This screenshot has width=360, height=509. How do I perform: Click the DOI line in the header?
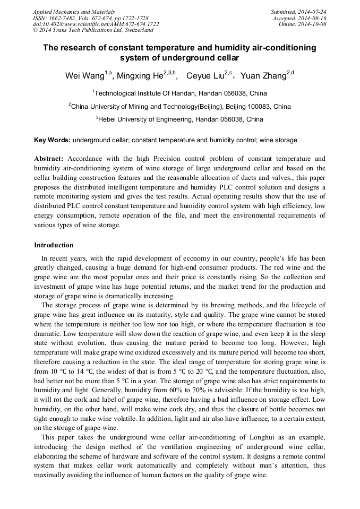[x=96, y=24]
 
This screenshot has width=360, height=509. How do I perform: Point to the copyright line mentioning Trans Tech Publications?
[x=93, y=31]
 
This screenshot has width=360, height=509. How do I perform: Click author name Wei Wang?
[x=84, y=76]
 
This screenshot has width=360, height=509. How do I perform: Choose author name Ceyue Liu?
[x=205, y=76]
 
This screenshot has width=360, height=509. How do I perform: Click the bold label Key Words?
[x=52, y=140]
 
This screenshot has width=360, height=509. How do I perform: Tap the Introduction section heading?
[x=54, y=245]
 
